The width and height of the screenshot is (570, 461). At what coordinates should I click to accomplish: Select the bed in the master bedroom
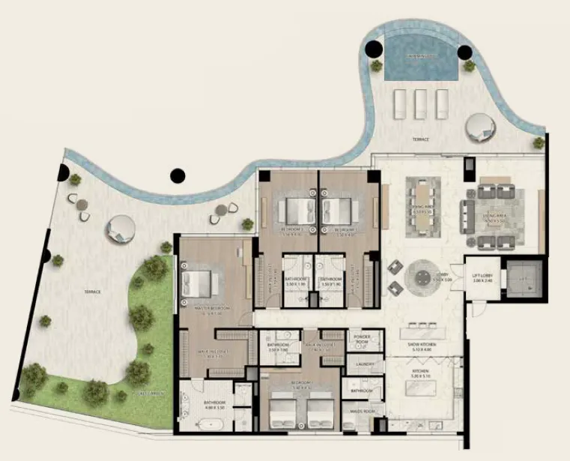tap(198, 283)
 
